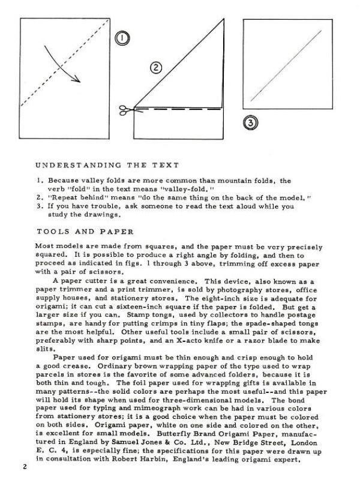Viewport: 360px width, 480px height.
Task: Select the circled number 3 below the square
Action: click(x=250, y=124)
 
